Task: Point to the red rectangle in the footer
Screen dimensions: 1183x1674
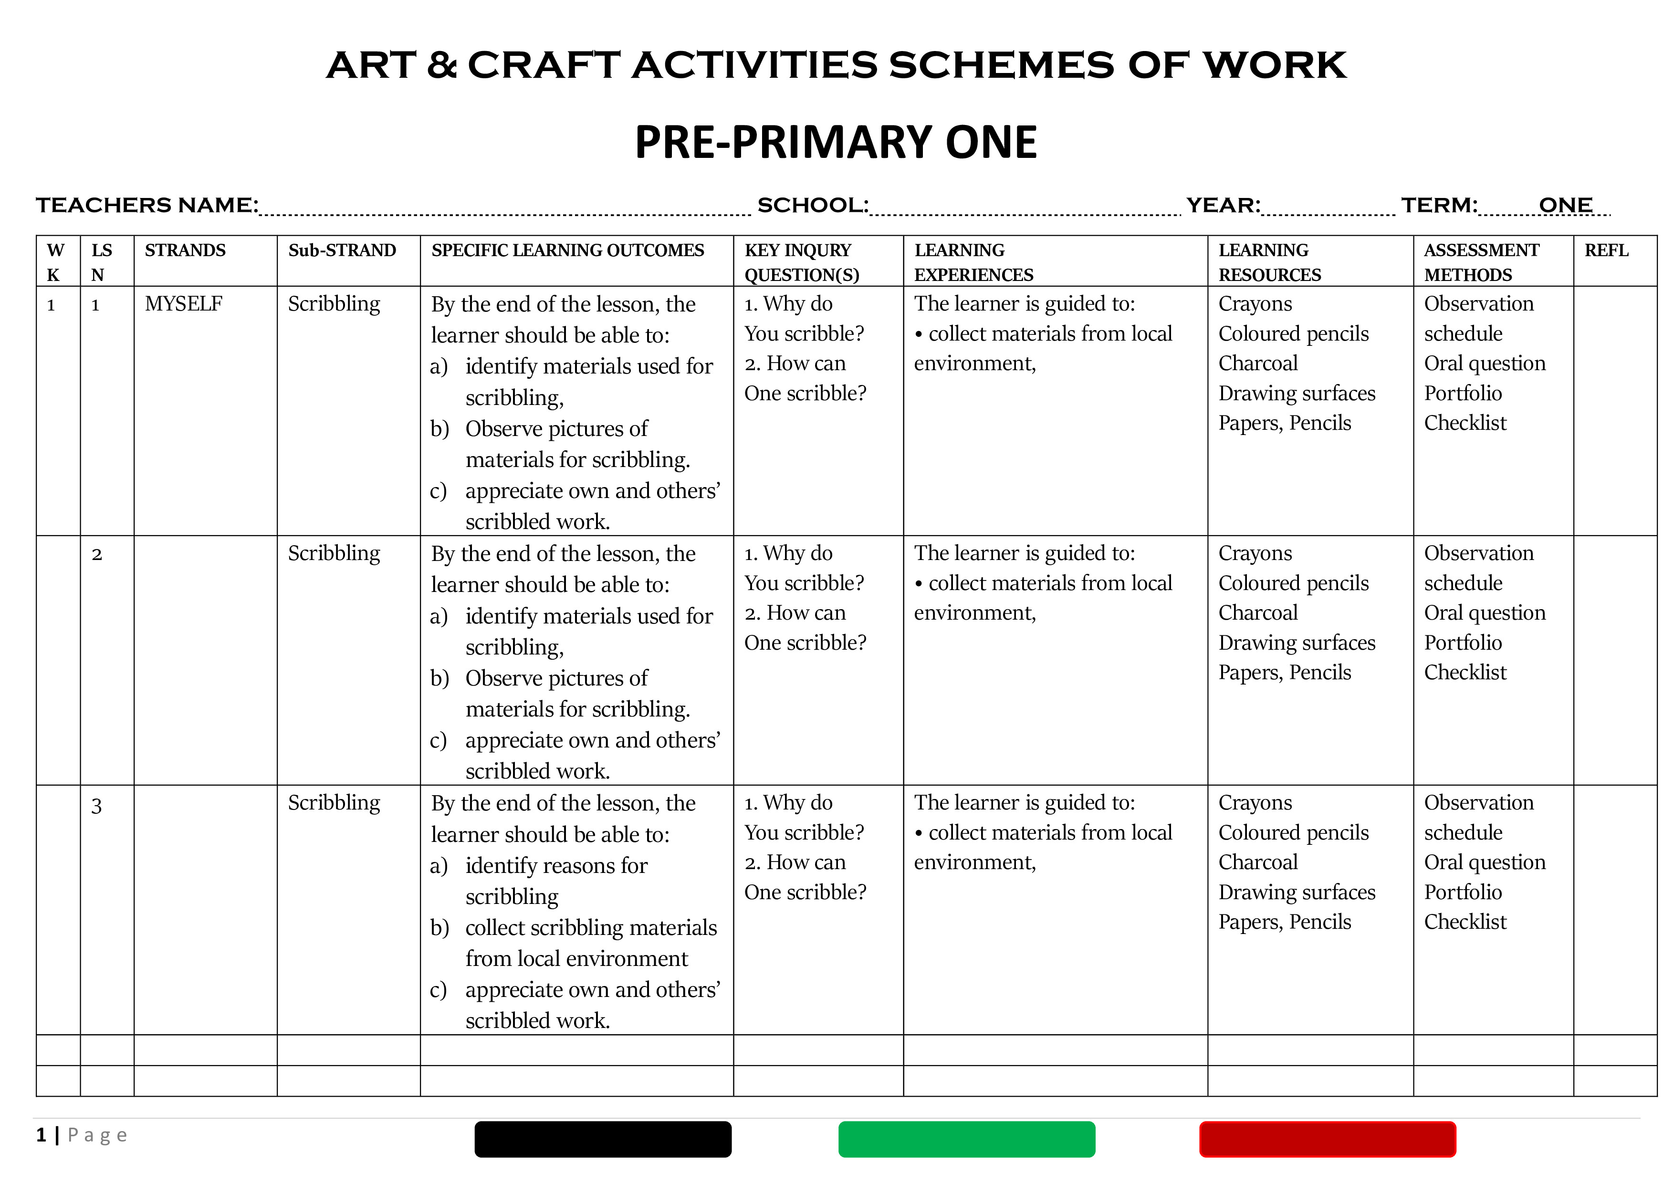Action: tap(1327, 1139)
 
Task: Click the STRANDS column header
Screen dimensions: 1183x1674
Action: tap(185, 251)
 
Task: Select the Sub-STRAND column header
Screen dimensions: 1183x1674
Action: tap(342, 251)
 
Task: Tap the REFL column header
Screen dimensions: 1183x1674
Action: tap(1606, 251)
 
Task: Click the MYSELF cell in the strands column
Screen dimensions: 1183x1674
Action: tap(184, 304)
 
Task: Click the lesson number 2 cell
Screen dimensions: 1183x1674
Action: tap(97, 555)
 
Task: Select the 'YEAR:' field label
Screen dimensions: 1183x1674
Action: tap(1223, 206)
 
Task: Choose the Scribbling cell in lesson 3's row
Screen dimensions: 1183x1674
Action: tap(334, 802)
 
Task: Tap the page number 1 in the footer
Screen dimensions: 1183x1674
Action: tap(42, 1135)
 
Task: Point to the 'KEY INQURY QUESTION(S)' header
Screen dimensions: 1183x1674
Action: tap(801, 262)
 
